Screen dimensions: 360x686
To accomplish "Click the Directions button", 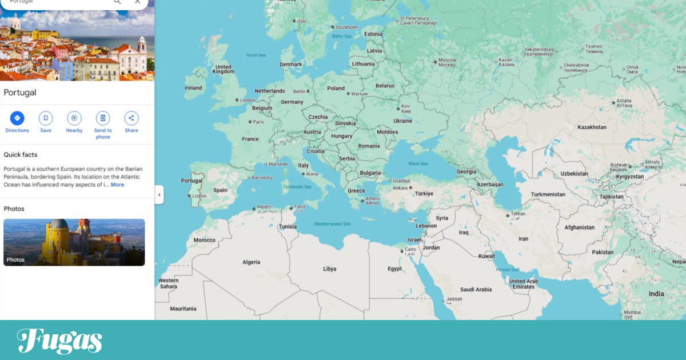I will point(17,119).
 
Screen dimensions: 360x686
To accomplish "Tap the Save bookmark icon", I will point(46,119).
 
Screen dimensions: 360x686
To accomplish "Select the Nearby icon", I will point(74,119).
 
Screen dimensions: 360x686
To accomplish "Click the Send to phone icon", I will point(103,119).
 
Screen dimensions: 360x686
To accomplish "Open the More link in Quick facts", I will point(117,185).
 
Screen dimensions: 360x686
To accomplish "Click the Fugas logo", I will point(60,341).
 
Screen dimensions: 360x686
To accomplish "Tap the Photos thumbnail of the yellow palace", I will point(74,242).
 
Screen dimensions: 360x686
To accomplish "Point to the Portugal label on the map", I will point(192,181).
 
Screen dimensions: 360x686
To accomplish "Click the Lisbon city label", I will point(200,196).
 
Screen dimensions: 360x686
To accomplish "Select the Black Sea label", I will point(418,164).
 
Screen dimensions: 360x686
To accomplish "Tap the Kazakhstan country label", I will point(592,127).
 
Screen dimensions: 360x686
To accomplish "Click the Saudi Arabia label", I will point(476,289).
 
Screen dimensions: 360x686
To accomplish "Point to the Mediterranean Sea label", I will point(332,223).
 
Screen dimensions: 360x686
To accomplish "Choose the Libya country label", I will point(330,269).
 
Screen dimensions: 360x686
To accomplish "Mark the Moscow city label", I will point(447,62).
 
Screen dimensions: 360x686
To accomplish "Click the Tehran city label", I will point(518,215).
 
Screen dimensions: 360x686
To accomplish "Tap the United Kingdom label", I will point(223,69).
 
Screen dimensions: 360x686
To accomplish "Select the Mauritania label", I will point(183,309).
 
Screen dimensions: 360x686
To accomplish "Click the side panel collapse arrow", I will point(159,195).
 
